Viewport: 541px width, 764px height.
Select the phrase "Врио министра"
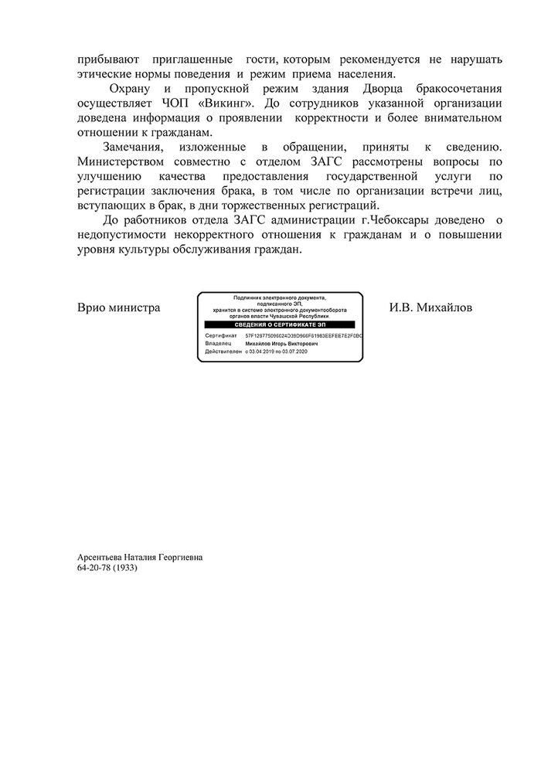(119, 308)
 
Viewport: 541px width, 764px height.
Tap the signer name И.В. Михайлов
(430, 308)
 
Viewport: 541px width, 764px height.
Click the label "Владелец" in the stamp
(218, 345)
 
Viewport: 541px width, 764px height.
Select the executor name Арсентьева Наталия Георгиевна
(139, 556)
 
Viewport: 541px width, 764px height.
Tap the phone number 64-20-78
(94, 567)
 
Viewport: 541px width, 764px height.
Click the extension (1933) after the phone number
(125, 567)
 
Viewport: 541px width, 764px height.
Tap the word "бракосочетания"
(458, 89)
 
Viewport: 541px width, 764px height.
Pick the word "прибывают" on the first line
(105, 59)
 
